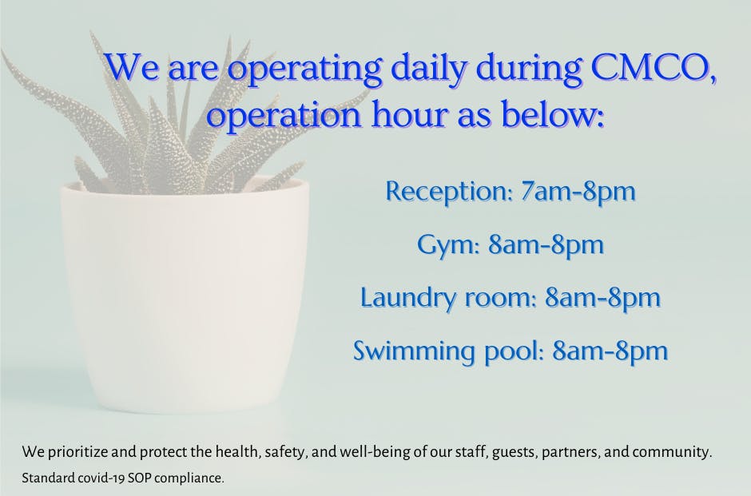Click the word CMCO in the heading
point(654,67)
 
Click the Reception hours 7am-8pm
point(578,192)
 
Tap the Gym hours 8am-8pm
point(546,245)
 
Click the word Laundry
point(408,298)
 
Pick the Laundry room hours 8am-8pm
point(602,298)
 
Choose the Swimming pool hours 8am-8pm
point(610,351)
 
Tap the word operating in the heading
point(304,69)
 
